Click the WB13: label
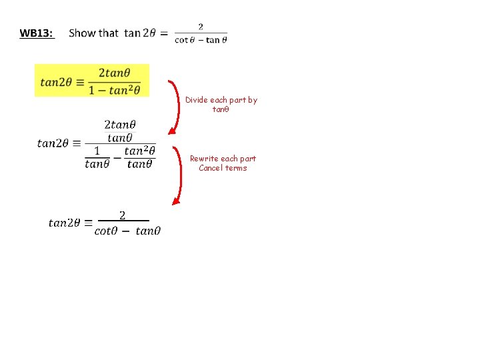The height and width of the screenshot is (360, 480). [37, 33]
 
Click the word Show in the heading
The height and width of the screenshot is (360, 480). [83, 33]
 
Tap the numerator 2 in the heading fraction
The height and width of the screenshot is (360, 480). [201, 27]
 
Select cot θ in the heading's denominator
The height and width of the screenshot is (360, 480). [183, 39]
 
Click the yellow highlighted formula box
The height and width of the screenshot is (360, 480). [92, 80]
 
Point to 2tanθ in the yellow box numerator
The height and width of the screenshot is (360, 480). [114, 72]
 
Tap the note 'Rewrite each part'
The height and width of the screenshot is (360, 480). [223, 159]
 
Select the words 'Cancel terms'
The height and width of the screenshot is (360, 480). [223, 168]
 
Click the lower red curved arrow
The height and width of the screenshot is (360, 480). [178, 175]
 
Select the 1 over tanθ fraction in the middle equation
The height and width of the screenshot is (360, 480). [97, 157]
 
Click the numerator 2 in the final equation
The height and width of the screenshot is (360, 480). [122, 215]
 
